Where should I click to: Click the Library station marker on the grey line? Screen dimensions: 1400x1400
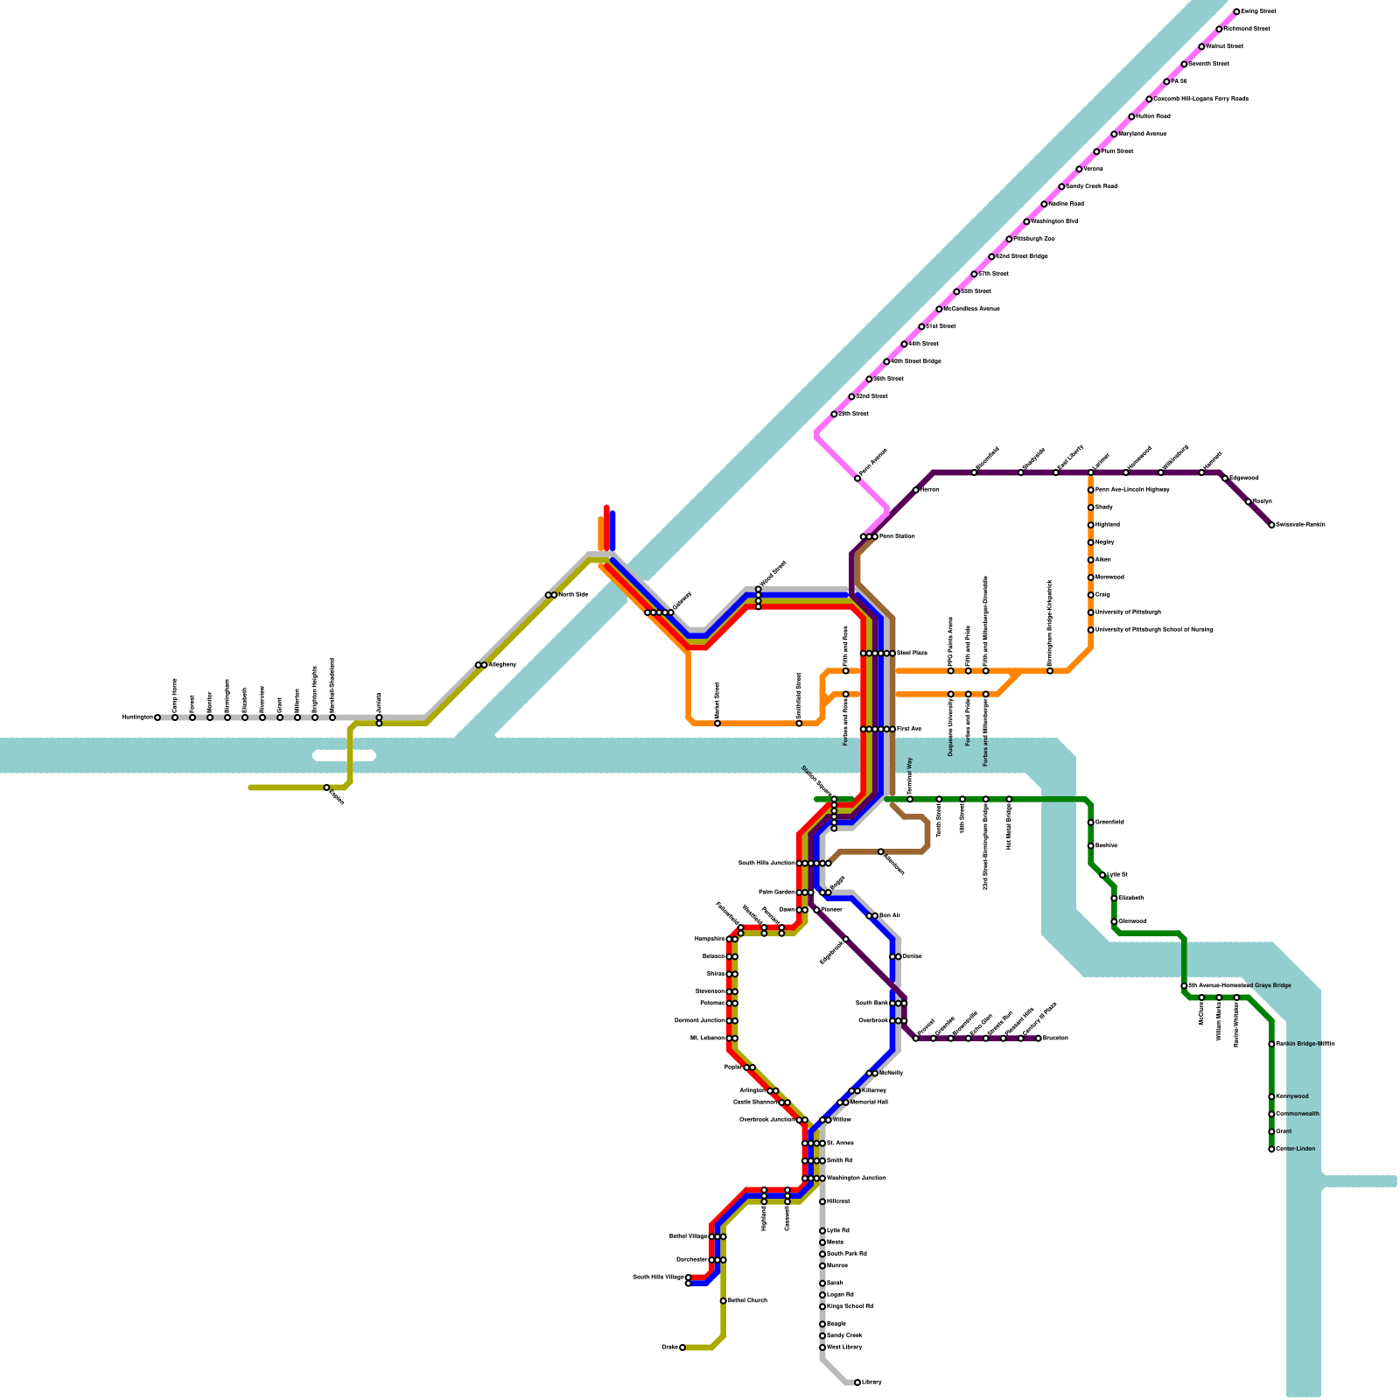pos(857,1382)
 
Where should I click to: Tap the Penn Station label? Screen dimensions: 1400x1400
pos(897,536)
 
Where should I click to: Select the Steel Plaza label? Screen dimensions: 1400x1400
pos(912,654)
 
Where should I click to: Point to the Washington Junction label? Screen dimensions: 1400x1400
pos(857,1179)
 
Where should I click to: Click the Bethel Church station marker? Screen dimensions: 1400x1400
pos(723,1301)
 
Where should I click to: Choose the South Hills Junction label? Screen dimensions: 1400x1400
pos(766,864)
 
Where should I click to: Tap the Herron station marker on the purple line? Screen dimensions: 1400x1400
pos(916,490)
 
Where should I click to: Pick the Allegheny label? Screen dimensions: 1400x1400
pos(502,665)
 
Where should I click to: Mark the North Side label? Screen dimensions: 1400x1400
pos(573,595)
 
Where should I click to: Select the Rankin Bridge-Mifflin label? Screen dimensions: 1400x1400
pos(1305,1044)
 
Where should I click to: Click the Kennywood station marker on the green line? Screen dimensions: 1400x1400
pos(1271,1096)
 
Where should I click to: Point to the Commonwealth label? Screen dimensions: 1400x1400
pos(1298,1114)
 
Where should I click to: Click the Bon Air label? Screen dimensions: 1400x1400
pos(889,916)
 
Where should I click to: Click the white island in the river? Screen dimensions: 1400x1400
pos(345,756)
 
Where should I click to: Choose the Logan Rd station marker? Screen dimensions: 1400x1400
pos(822,1295)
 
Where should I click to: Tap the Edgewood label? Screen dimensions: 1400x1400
pos(1244,479)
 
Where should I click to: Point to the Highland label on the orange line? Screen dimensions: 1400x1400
pos(1108,525)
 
